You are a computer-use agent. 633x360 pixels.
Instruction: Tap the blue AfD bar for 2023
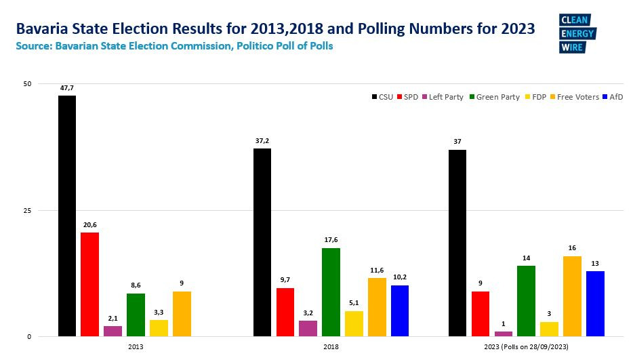pos(595,303)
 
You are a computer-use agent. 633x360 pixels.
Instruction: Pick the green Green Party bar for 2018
pos(331,292)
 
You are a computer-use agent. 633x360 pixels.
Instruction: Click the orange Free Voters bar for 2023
pos(572,296)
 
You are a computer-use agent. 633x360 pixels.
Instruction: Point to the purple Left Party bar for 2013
pos(113,331)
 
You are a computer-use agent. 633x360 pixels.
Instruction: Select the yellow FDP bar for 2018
pos(354,323)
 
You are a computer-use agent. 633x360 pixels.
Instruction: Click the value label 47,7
pos(67,88)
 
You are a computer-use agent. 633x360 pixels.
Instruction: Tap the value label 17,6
pos(331,241)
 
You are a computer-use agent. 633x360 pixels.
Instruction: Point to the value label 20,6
pos(90,225)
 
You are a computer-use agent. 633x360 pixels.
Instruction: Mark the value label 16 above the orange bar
pos(572,249)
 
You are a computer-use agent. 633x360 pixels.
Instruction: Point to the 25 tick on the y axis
pos(27,210)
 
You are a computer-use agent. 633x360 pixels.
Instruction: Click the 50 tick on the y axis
pos(27,83)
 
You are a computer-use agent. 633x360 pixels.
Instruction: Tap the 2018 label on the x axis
pos(331,346)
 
